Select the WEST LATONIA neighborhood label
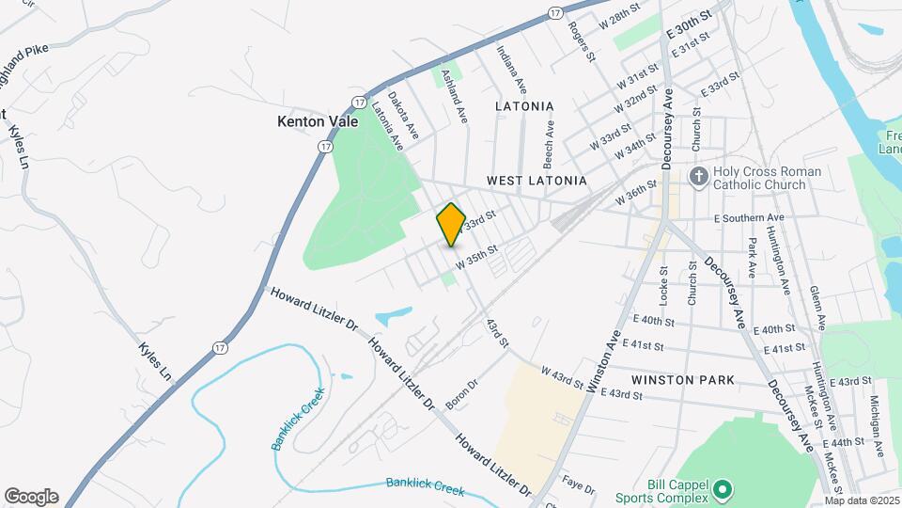pyautogui.click(x=537, y=180)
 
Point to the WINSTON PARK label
pyautogui.click(x=683, y=380)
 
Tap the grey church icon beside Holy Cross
pyautogui.click(x=698, y=176)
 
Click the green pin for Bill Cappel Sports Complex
pyautogui.click(x=722, y=489)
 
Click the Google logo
pyautogui.click(x=31, y=496)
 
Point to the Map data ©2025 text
pyautogui.click(x=863, y=500)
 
